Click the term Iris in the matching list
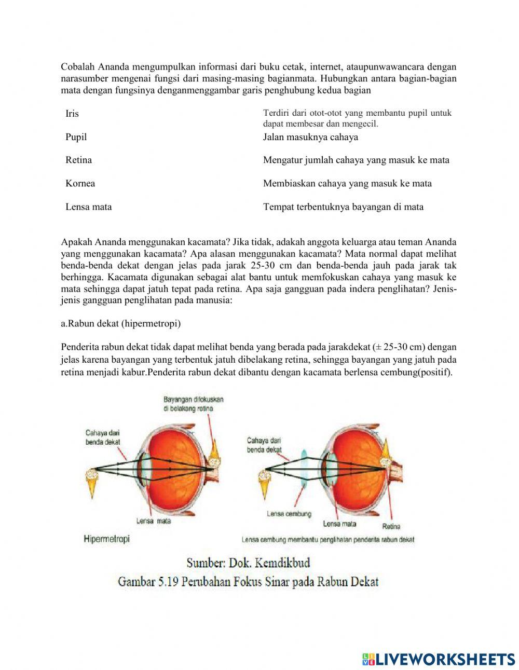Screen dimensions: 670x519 pos(72,114)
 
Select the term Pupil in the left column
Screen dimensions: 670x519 pos(76,137)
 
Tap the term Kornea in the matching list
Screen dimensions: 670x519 pos(80,183)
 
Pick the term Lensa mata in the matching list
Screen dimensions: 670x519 pos(88,207)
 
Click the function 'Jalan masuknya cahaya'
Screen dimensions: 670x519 pos(310,137)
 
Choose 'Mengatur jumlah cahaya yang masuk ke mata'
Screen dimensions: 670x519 pos(356,160)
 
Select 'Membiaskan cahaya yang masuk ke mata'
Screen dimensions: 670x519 pos(347,183)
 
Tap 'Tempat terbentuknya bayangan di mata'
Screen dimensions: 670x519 pos(343,207)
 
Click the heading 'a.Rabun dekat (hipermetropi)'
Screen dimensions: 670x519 pos(120,323)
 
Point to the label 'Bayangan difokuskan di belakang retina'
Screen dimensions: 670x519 pos(193,404)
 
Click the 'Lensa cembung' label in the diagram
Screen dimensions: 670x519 pos(289,514)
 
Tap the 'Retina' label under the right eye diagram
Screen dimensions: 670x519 pos(391,526)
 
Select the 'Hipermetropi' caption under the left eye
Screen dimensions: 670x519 pos(106,539)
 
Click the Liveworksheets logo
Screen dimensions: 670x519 pos(439,659)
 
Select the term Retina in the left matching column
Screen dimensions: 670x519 pos(78,160)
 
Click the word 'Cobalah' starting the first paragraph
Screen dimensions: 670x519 pos(76,67)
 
